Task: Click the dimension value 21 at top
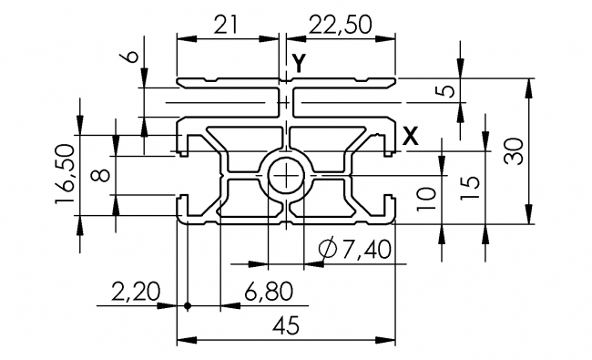point(229,26)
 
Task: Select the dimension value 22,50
point(342,26)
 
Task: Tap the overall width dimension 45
point(287,327)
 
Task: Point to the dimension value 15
point(469,188)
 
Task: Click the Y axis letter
point(300,63)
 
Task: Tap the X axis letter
point(411,137)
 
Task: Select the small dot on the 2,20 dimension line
point(188,305)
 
